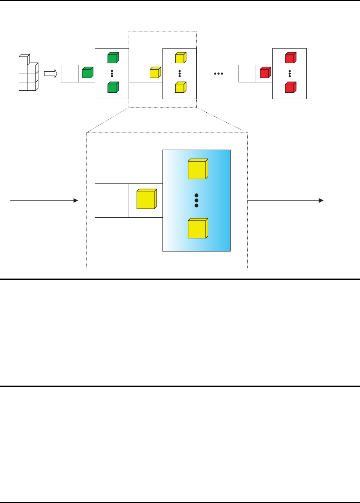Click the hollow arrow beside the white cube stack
tap(50, 74)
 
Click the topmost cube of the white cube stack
tap(24, 60)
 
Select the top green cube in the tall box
tap(112, 58)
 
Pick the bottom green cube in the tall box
tap(112, 87)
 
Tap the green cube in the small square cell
tap(87, 73)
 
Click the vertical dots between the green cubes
tap(112, 73)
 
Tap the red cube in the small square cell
tap(265, 73)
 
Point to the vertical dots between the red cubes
tap(290, 73)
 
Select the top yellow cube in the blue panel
tap(198, 169)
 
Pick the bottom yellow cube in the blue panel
tap(198, 228)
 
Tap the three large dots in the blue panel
tap(196, 200)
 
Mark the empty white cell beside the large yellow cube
tap(112, 201)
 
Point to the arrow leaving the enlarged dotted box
tap(285, 201)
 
